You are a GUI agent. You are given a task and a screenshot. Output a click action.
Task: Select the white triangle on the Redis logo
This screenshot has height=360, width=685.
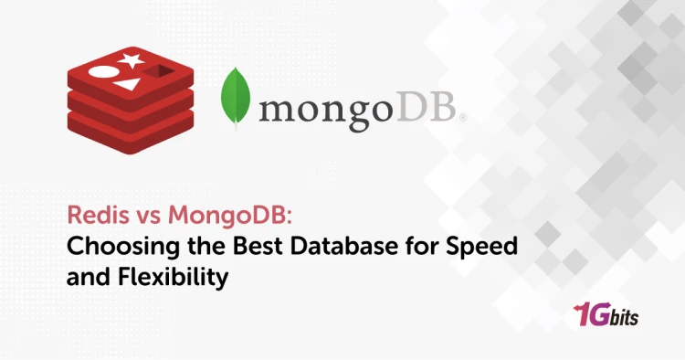click(129, 86)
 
